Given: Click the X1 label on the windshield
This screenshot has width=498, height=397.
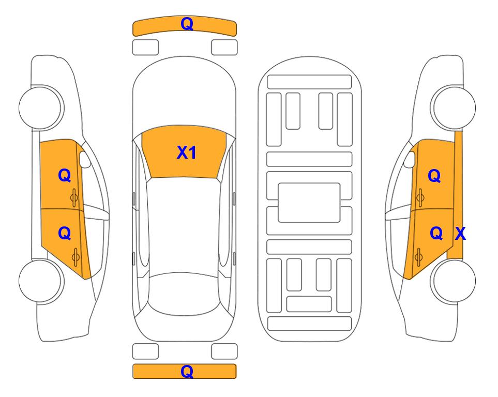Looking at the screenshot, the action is pos(187,152).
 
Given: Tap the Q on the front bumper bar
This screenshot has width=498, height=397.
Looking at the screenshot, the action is pos(187,24).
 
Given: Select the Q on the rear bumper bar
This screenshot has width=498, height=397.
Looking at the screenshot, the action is pos(187,371).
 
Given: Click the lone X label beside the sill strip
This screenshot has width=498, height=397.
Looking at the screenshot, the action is pos(460,234).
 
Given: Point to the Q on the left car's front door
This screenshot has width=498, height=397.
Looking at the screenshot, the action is pos(65,175).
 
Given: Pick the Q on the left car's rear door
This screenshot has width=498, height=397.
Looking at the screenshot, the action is pos(65,234).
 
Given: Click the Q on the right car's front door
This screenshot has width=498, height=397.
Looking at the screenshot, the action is pos(434,176).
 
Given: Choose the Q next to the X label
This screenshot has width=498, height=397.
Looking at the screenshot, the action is pos(436,234).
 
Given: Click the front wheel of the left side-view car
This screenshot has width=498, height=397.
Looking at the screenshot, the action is pos(40,108).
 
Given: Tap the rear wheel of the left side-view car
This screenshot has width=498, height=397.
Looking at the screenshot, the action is pos(40,281).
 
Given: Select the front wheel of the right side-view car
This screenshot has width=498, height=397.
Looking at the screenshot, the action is pos(454,108).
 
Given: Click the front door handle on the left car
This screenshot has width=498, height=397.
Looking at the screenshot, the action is pos(74,198).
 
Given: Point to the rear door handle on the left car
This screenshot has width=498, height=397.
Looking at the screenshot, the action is pos(76,257).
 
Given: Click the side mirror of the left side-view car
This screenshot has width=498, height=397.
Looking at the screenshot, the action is pos(85,159).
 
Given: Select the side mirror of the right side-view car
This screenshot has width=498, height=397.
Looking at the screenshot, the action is pos(410,159).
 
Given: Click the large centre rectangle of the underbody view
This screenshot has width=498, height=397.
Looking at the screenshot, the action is pos(309,203).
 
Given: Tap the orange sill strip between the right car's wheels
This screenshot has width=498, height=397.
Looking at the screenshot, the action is pos(456,194).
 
